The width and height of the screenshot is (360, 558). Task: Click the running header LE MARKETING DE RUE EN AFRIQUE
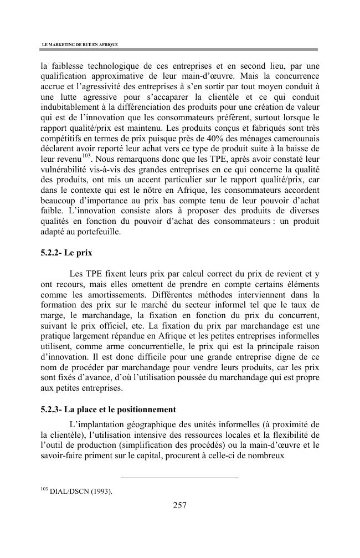coord(80,44)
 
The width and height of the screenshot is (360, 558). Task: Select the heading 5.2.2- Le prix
coord(66,253)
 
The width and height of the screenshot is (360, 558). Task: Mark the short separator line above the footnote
coord(179,477)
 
